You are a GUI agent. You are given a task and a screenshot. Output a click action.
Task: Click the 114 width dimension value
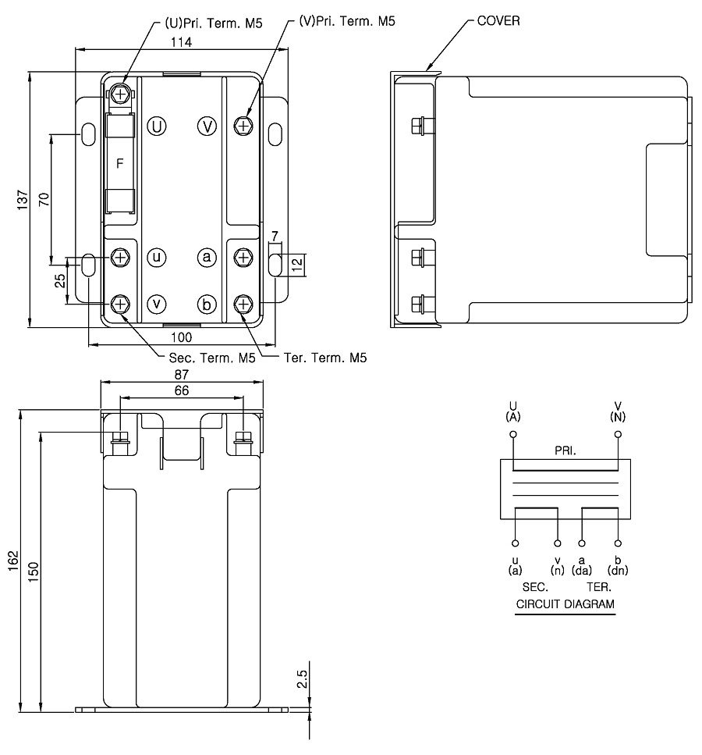click(x=182, y=42)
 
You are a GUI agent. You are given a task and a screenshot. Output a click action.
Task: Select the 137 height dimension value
click(x=23, y=199)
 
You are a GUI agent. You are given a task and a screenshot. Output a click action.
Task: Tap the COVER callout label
click(x=498, y=21)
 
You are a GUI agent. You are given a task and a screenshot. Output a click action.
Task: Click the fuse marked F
click(x=120, y=163)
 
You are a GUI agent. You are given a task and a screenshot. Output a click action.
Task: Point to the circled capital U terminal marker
click(x=156, y=126)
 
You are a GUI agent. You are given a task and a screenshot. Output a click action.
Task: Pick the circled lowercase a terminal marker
click(x=207, y=257)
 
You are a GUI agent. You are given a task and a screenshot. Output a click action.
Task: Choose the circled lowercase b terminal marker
click(x=207, y=304)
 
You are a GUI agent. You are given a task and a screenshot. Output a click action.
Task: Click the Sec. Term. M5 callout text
click(x=211, y=358)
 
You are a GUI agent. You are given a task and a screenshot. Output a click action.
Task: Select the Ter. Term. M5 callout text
click(x=325, y=358)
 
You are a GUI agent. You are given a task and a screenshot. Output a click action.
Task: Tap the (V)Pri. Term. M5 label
click(x=347, y=21)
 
